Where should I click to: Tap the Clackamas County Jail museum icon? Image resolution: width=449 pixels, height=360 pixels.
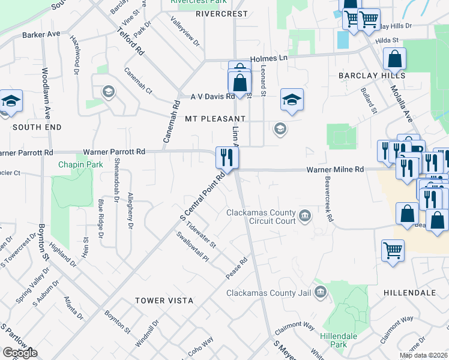(321, 293)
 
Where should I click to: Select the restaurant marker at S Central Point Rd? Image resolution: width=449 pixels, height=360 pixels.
(228, 158)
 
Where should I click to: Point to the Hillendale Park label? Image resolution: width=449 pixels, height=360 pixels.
(334, 340)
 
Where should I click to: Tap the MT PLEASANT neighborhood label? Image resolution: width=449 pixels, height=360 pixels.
(215, 119)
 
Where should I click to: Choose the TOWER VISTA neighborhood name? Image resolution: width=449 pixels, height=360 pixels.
(164, 300)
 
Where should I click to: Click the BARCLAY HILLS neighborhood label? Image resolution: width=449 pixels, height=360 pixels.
(371, 76)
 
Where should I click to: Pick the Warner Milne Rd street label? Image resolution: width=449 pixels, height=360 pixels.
(335, 170)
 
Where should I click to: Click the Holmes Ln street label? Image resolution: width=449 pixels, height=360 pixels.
(270, 58)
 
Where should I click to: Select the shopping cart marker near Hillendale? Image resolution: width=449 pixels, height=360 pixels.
(393, 250)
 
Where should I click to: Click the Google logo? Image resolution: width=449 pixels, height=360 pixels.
(20, 353)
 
